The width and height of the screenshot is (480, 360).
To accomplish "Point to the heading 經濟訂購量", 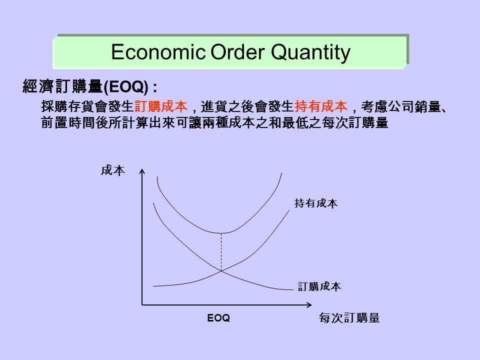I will coord(62,87).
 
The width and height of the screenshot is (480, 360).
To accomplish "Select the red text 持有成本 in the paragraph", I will coord(320,106).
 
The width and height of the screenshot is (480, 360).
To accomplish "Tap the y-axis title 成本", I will coord(112,171).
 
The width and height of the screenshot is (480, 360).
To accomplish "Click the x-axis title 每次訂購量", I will coord(349,318).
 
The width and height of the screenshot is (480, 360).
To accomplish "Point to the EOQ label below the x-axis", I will coord(219,318).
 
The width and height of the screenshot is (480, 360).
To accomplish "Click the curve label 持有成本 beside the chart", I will coord(315,203).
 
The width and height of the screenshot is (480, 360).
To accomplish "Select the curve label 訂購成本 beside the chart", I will coord(319,286).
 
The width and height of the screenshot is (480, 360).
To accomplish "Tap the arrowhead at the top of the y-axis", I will coord(142,171).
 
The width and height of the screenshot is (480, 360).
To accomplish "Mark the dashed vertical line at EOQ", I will coord(221,252).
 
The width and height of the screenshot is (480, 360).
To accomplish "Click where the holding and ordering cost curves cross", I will coord(221,271).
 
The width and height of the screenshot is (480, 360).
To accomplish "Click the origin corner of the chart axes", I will coord(142,304).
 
